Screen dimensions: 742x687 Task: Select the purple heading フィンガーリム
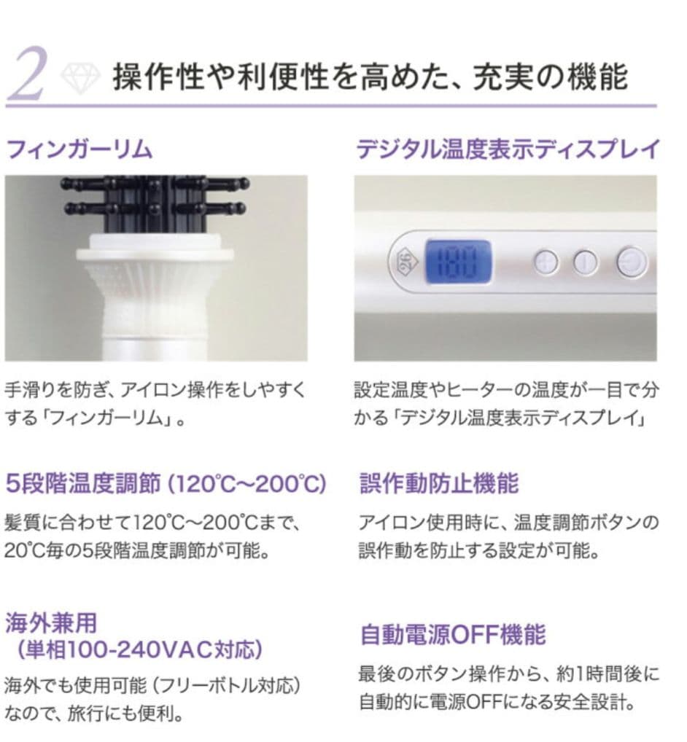click(x=79, y=149)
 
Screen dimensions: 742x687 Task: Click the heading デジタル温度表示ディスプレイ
click(x=508, y=149)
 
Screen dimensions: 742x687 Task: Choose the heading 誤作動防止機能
click(x=438, y=483)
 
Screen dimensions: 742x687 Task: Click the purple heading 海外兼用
click(x=51, y=623)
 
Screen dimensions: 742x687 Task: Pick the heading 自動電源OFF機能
click(x=452, y=634)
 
